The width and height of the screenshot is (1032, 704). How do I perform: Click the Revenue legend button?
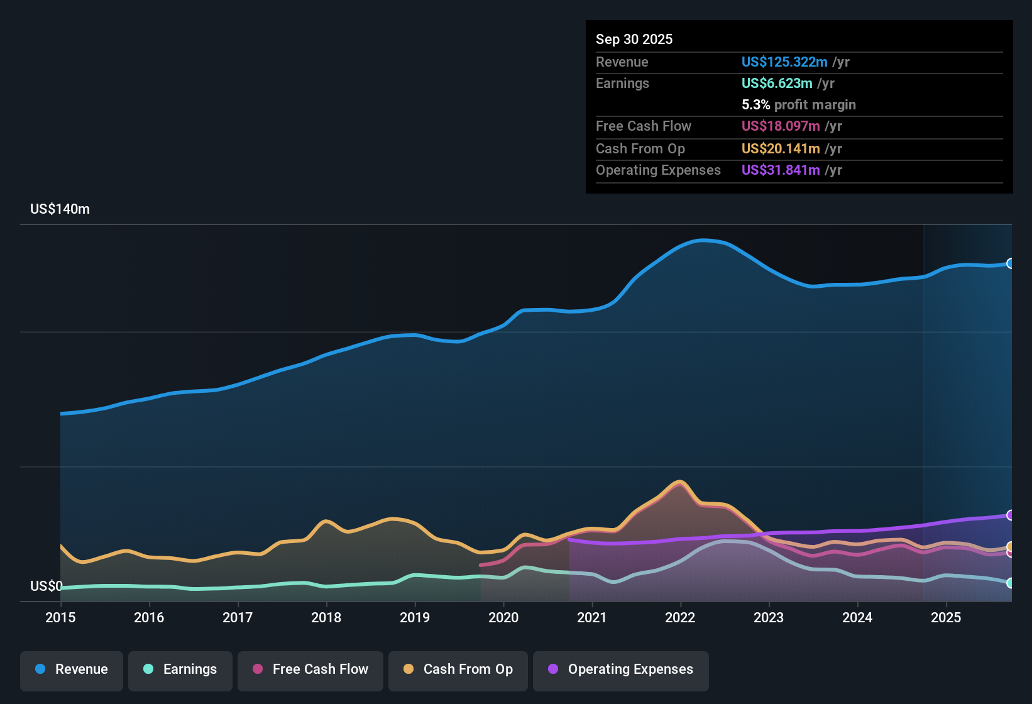pos(72,669)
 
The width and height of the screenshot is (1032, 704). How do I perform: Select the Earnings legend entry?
pos(180,669)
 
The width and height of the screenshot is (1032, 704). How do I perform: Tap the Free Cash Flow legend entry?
pos(310,669)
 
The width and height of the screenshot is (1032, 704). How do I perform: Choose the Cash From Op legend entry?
pos(458,669)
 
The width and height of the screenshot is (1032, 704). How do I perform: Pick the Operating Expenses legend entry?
pos(621,669)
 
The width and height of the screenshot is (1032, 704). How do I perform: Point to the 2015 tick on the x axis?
pos(60,617)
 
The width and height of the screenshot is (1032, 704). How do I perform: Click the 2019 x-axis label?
pos(415,617)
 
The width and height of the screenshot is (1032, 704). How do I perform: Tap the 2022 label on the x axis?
pos(680,617)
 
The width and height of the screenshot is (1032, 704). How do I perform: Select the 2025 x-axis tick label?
pos(946,617)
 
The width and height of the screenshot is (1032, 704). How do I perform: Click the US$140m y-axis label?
pos(60,209)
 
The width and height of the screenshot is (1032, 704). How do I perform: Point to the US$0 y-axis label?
pos(46,586)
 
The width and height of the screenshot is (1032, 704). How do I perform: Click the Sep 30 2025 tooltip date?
pos(634,39)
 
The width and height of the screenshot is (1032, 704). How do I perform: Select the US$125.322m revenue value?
pos(784,62)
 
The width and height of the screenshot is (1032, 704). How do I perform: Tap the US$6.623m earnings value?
pos(776,83)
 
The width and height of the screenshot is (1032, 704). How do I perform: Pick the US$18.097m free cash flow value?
pos(780,126)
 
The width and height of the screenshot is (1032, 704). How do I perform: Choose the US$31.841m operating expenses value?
pos(780,170)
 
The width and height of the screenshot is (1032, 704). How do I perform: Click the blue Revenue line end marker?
pos(1011,263)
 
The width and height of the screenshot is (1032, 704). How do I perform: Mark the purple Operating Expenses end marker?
pos(1011,515)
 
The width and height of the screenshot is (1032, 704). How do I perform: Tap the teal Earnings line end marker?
pos(1011,583)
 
